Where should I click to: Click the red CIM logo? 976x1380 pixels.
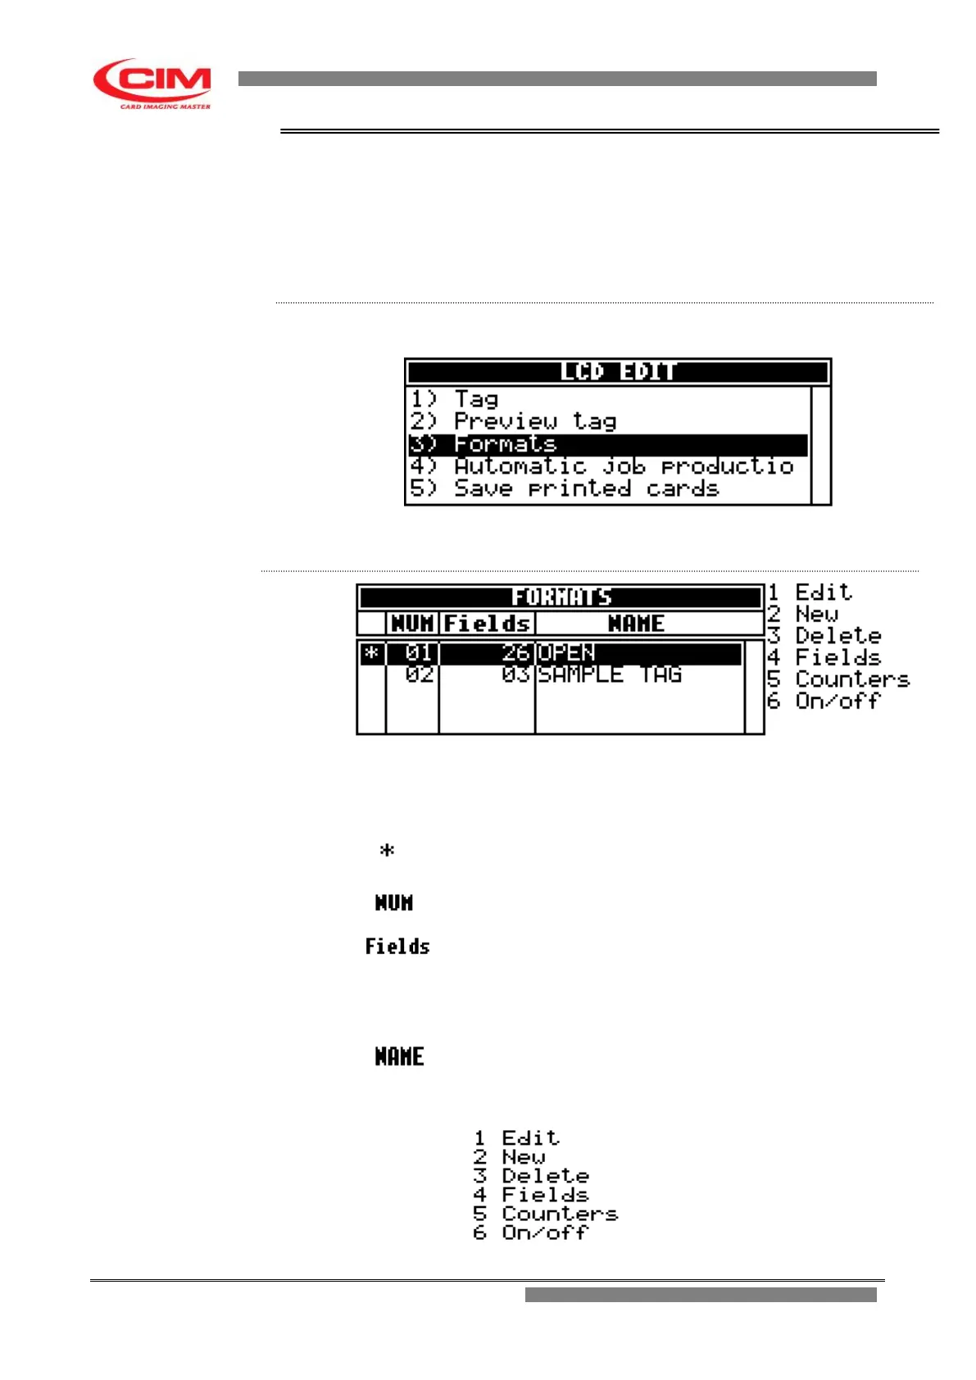[x=152, y=83]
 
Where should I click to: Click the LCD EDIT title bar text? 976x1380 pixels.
[x=618, y=372]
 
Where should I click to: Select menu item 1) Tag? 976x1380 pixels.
[x=475, y=399]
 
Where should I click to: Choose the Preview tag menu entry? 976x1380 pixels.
[x=534, y=421]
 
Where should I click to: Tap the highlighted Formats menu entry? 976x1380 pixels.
[x=505, y=444]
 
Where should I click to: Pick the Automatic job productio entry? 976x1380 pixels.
[x=624, y=466]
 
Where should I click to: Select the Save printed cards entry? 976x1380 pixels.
[x=586, y=488]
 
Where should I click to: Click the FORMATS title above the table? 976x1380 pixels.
[x=561, y=597]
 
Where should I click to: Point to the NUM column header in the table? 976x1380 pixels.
[x=412, y=624]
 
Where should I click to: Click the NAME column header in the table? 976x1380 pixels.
[x=636, y=624]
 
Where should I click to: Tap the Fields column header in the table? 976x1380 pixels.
[x=487, y=624]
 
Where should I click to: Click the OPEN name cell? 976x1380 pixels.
[x=566, y=653]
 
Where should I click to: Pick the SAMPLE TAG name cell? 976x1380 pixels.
[x=610, y=674]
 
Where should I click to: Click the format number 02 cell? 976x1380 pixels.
[x=419, y=674]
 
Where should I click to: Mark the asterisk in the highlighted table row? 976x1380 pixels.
[x=372, y=653]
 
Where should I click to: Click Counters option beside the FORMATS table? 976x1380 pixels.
[x=851, y=679]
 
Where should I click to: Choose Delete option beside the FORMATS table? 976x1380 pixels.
[x=838, y=636]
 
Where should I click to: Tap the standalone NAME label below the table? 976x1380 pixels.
[x=399, y=1057]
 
